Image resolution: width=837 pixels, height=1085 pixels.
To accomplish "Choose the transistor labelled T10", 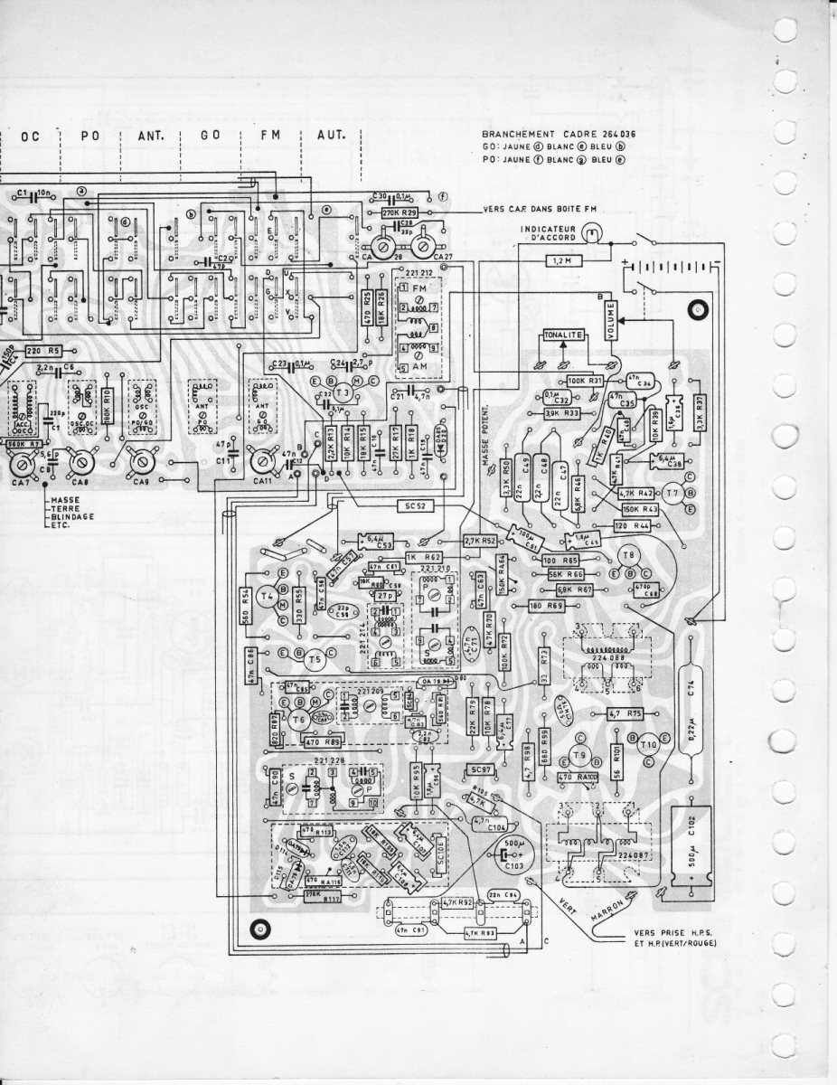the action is tap(648, 745).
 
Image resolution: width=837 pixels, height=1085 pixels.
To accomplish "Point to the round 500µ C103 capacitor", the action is tap(518, 854).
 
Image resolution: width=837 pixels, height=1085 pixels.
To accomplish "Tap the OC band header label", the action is tap(28, 135).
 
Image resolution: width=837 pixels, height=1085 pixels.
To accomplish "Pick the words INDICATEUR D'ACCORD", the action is tap(549, 232).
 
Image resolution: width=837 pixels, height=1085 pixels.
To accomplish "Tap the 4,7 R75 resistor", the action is tap(625, 712).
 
